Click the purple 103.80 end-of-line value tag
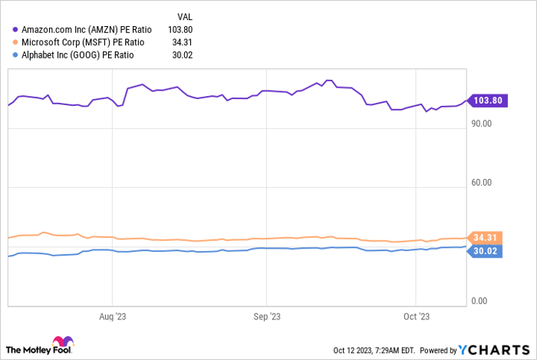click(486, 101)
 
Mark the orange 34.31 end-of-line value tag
click(486, 238)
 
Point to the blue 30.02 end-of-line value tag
click(486, 251)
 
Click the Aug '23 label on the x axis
click(113, 315)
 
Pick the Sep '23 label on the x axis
click(265, 315)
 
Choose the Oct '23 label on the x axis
click(415, 315)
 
